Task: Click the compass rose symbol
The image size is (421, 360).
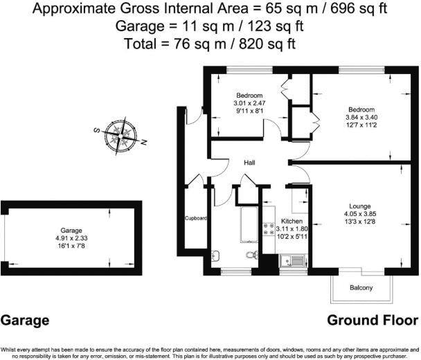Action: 123,134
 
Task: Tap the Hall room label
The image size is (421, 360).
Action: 249,163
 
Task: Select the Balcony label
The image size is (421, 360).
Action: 360,288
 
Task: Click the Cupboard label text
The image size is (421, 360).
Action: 195,218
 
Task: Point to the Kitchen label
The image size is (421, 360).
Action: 292,222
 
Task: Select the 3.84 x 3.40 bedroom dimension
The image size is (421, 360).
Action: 361,118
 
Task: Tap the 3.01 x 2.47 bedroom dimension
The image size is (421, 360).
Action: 249,103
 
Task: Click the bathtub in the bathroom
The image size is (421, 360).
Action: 248,224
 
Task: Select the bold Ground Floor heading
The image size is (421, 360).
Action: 372,321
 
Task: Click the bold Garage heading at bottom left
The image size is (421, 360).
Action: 25,321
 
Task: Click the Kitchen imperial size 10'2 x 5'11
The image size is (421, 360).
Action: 291,236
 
